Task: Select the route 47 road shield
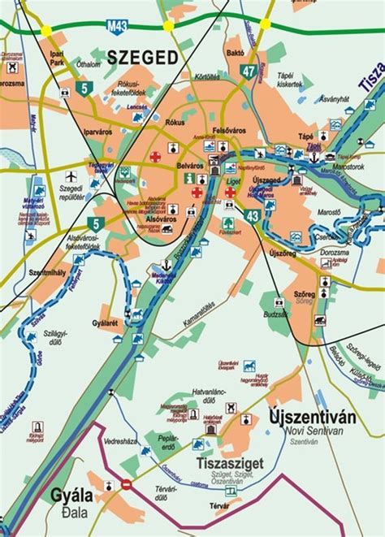click(x=249, y=71)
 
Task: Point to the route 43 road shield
click(x=253, y=215)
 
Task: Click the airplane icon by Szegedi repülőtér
click(x=71, y=175)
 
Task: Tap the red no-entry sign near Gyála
click(x=126, y=484)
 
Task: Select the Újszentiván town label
click(x=312, y=418)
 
